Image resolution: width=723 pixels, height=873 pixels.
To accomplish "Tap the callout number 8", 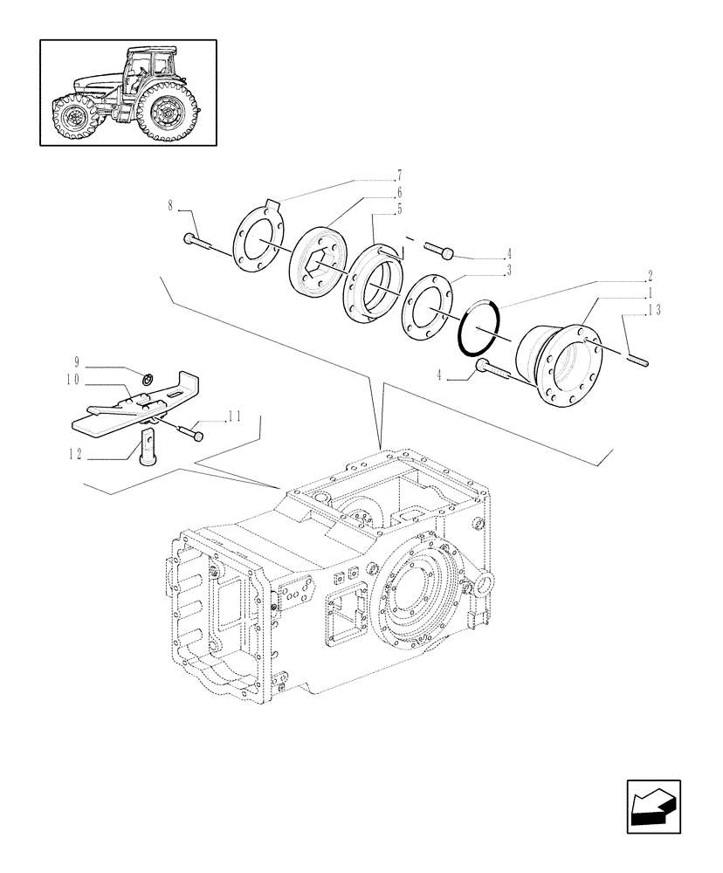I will (x=170, y=207).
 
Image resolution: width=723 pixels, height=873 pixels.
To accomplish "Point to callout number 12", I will (x=77, y=454).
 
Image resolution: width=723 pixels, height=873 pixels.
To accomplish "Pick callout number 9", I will (x=77, y=361).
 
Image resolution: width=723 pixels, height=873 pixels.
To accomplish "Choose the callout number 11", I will (x=234, y=417).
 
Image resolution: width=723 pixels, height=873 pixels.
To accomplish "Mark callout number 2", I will (x=651, y=274).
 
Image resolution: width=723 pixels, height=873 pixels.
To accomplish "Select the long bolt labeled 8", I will (x=206, y=245).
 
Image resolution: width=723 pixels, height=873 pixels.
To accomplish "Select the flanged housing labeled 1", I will (x=561, y=363).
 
